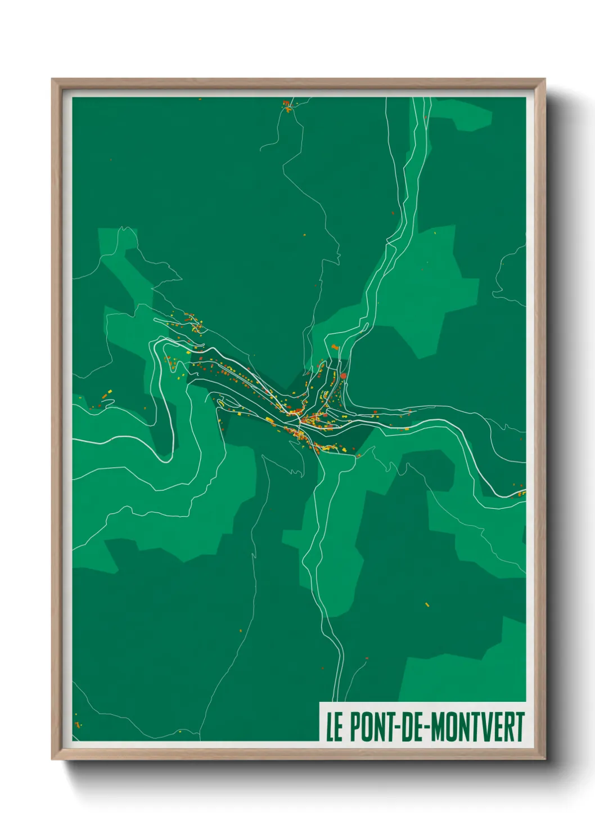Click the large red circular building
tap(343, 375)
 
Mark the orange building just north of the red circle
tap(336, 348)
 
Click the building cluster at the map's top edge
tap(287, 105)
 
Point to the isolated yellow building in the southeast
tap(427, 604)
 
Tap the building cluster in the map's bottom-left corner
tap(78, 724)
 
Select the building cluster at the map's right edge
tap(521, 494)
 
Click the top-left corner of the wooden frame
tap(52, 79)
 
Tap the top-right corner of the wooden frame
tap(544, 79)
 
